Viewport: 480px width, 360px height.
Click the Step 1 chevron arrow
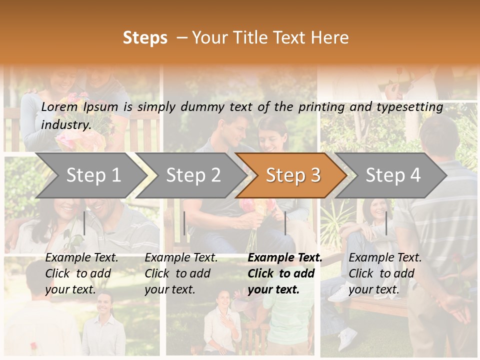(92, 175)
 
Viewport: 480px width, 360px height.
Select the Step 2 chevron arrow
(193, 175)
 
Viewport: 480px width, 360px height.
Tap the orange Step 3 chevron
(292, 175)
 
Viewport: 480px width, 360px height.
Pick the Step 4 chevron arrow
(392, 175)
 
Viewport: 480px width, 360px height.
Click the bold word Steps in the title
(145, 38)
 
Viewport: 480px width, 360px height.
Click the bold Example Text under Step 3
(285, 258)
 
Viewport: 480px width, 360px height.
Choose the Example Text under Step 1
(82, 258)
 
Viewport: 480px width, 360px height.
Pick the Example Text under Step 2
(181, 258)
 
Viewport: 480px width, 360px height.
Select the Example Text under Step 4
(385, 258)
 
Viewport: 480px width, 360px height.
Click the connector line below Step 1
(84, 223)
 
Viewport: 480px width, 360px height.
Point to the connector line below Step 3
(285, 223)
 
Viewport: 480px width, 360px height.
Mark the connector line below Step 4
(386, 223)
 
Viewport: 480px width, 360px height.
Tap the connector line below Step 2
(184, 223)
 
